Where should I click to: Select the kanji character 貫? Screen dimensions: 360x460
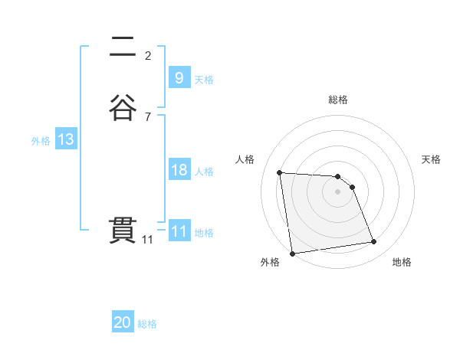click(x=123, y=230)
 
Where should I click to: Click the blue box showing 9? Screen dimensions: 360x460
click(x=179, y=77)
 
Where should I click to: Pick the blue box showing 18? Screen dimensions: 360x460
click(x=179, y=170)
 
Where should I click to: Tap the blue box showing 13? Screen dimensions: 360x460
click(x=65, y=139)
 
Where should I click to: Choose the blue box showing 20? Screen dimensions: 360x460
click(x=123, y=323)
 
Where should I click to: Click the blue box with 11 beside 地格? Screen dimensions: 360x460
click(x=179, y=231)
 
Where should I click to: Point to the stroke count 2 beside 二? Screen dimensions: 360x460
click(x=148, y=55)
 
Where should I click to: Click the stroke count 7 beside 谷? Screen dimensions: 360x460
click(x=148, y=116)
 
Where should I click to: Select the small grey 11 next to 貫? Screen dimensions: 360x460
click(x=147, y=240)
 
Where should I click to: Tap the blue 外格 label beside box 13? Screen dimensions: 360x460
click(x=41, y=141)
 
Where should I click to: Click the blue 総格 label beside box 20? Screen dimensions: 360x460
click(x=147, y=325)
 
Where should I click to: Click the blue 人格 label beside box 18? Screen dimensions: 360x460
click(x=205, y=172)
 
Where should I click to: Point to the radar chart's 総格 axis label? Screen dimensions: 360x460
click(x=337, y=100)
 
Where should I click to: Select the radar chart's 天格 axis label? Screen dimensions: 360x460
click(x=431, y=159)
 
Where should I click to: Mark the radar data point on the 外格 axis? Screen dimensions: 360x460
click(x=291, y=254)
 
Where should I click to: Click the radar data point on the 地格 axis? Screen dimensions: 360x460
click(x=374, y=242)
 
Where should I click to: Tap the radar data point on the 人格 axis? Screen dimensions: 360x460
click(x=280, y=172)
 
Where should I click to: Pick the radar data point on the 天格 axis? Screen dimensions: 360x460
click(x=352, y=187)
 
